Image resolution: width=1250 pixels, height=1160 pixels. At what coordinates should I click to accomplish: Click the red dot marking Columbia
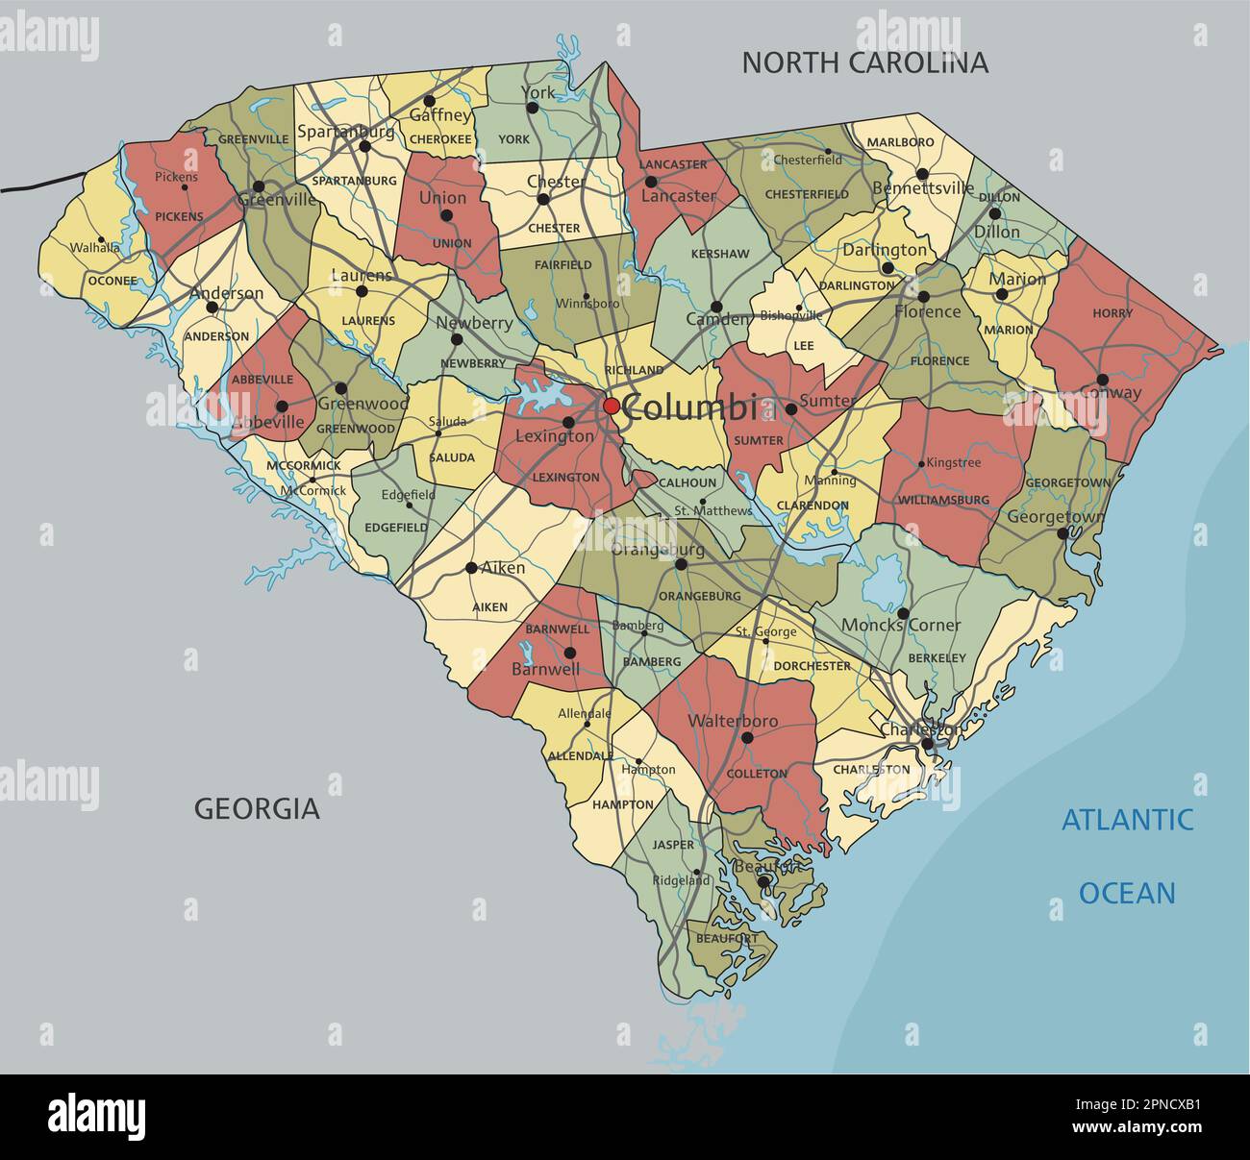(612, 407)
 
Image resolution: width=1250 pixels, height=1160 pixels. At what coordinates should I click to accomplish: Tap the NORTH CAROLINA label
(864, 62)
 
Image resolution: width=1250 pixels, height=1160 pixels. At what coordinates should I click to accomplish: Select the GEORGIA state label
(257, 808)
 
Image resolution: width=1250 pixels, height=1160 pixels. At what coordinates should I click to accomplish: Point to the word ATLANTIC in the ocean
(1127, 820)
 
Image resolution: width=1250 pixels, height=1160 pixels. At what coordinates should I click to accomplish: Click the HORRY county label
(1112, 313)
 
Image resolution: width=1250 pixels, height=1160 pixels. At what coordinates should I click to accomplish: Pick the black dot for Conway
(1102, 380)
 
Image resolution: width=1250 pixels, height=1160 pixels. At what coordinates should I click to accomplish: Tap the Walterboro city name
(733, 721)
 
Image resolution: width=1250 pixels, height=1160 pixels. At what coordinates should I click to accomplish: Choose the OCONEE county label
(107, 281)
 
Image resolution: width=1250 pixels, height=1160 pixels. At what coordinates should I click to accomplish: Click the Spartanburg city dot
(364, 147)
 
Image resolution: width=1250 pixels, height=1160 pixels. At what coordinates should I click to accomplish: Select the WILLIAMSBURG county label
(943, 500)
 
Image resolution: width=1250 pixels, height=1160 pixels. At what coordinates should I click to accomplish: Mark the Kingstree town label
(953, 463)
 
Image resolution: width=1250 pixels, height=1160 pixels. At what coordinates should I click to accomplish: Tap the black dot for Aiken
(471, 568)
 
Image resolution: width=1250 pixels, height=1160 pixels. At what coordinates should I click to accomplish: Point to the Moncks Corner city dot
(903, 612)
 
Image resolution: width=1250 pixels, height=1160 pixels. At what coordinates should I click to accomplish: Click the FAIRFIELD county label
(562, 264)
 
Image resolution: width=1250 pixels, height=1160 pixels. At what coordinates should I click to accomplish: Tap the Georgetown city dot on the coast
(1062, 533)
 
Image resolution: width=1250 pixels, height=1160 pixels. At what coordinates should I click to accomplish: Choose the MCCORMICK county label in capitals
(303, 466)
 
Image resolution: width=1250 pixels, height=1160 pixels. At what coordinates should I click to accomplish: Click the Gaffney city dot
(430, 101)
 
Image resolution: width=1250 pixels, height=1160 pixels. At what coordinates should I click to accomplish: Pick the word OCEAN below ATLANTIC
(1127, 893)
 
